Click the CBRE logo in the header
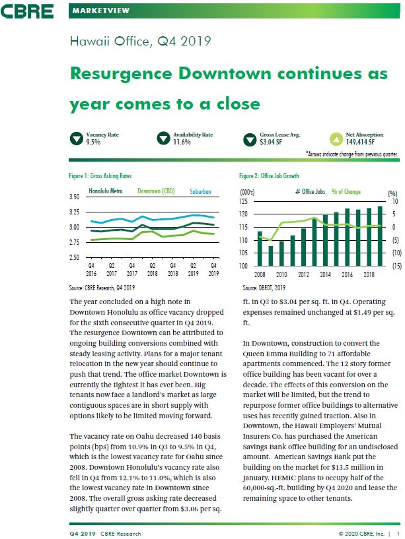[27, 11]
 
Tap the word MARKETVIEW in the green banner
[100, 11]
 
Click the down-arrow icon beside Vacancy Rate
[77, 139]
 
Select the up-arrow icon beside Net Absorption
[336, 139]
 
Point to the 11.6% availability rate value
[182, 142]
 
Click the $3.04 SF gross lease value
[271, 142]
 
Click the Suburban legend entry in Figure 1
[200, 191]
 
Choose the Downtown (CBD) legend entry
[156, 191]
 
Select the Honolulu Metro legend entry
[106, 191]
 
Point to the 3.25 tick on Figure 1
[74, 212]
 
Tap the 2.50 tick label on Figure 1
[74, 257]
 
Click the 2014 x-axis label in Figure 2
[325, 274]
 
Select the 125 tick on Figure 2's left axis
[243, 201]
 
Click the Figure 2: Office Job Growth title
[269, 175]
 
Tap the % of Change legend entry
[346, 191]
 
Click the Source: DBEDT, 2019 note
[264, 288]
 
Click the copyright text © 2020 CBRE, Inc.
[361, 534]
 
